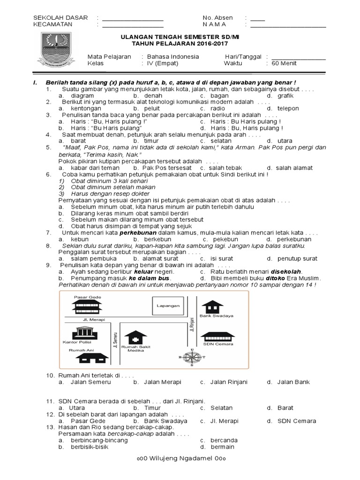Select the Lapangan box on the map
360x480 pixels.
pos(168,306)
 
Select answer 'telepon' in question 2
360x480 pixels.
pos(287,108)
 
